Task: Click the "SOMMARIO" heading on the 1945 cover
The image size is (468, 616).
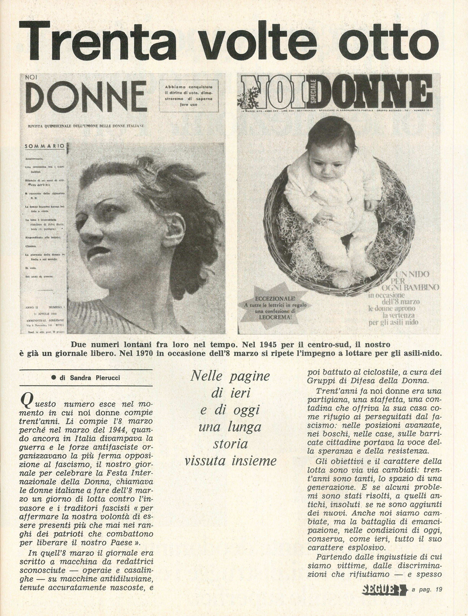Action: point(45,146)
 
